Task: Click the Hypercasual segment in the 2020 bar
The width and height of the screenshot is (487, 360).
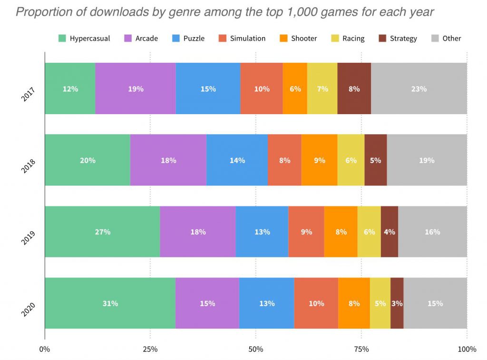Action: click(110, 303)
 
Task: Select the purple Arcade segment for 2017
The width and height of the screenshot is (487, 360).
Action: click(135, 88)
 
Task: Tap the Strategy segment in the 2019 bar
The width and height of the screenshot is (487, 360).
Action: click(389, 232)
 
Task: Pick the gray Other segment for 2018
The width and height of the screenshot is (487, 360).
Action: click(427, 160)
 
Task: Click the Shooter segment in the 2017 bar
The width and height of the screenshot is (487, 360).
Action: click(295, 88)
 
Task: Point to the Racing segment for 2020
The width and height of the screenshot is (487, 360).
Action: click(380, 303)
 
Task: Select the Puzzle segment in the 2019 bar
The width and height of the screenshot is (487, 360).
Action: click(262, 232)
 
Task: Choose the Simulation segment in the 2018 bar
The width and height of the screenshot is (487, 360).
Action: click(284, 160)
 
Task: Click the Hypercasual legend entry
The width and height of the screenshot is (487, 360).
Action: click(84, 39)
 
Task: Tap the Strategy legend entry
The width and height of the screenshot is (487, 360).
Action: click(398, 39)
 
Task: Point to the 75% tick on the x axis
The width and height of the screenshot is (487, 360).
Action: click(361, 350)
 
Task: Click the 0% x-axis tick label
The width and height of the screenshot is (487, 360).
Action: click(45, 350)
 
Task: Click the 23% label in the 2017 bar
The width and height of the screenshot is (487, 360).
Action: click(419, 88)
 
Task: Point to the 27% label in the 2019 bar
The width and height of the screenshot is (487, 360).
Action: click(103, 232)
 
